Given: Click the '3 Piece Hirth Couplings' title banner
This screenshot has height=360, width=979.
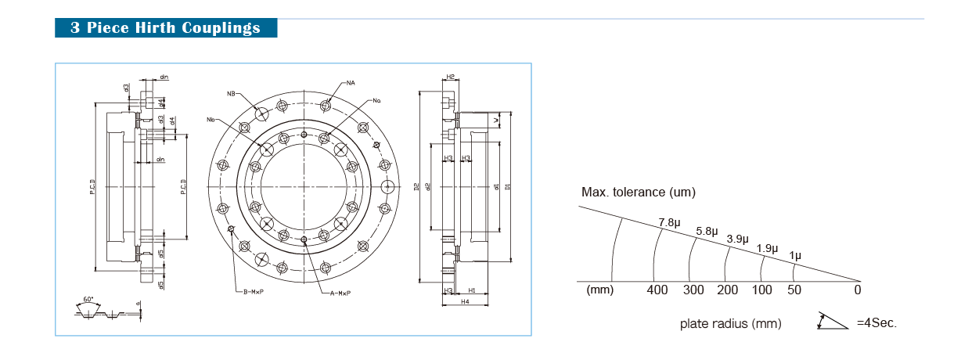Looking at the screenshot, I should [x=166, y=28].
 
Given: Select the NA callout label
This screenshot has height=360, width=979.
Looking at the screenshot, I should [x=351, y=82].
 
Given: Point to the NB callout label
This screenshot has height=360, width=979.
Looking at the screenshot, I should [x=232, y=94].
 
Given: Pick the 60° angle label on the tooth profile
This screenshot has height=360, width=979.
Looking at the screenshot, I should [x=87, y=300].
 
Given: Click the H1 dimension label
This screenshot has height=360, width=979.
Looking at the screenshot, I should [x=472, y=290].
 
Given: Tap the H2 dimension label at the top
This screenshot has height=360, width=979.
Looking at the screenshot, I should [x=451, y=77].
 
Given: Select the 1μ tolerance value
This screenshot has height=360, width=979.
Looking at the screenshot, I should [x=795, y=256].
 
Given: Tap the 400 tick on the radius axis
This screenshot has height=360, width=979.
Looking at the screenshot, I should [x=657, y=290].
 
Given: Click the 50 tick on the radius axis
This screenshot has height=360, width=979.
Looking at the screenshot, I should [x=794, y=290].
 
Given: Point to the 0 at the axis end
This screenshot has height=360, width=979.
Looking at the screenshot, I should [x=858, y=290].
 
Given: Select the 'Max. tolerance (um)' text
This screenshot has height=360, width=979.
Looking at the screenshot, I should [x=638, y=193].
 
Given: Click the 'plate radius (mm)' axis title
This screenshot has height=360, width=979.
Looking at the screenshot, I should [x=730, y=323].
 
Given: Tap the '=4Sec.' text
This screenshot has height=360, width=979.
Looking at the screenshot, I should [x=876, y=323].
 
